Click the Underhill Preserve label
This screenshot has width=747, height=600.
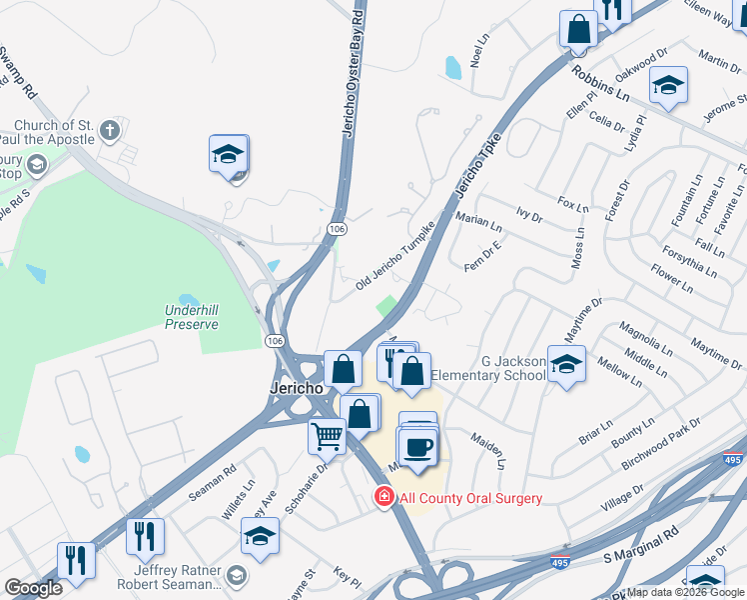tap(191, 317)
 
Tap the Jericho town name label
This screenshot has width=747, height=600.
tap(295, 387)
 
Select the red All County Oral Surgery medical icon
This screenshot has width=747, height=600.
tap(383, 498)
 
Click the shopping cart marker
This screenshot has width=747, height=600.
tap(328, 436)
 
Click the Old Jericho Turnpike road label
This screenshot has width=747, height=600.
tap(397, 256)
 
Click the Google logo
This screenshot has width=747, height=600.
tap(33, 588)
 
